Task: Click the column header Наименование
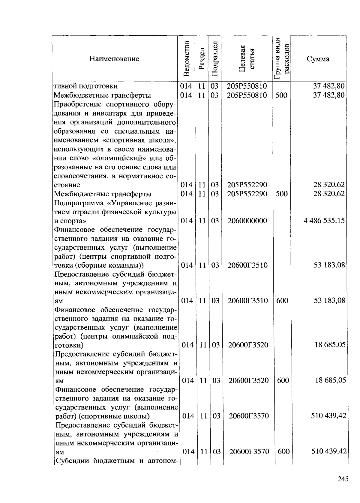coord(114,59)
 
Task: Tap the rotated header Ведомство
coord(187,58)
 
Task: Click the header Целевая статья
coord(247,58)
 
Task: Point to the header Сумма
coord(318,59)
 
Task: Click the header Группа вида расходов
coord(282,58)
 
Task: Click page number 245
coord(343,479)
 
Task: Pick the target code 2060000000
coord(247,221)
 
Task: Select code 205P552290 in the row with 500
coord(247,194)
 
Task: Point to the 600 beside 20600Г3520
coord(283,380)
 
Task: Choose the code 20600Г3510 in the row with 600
coord(247,300)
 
